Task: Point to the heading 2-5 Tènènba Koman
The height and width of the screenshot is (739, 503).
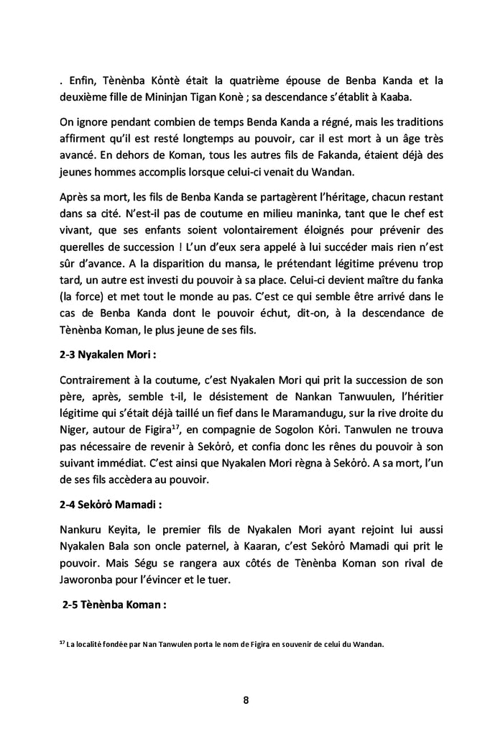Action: coord(115,605)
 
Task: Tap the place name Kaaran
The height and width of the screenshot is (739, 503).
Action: coord(285,531)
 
